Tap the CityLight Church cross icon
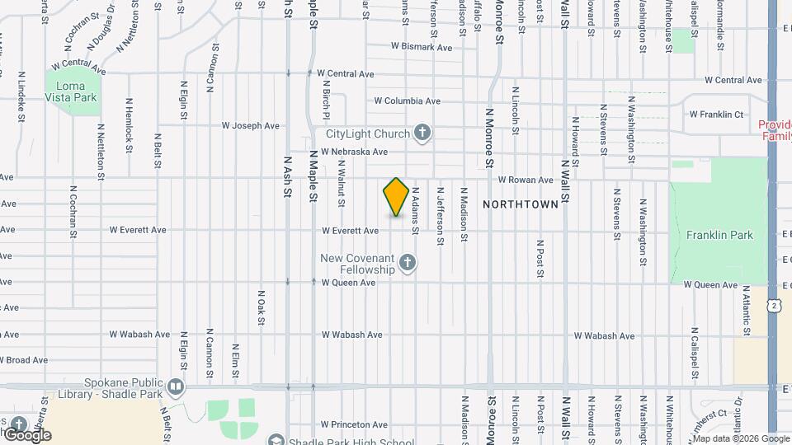pyautogui.click(x=422, y=133)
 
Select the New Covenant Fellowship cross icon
pyautogui.click(x=406, y=264)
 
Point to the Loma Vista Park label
pyautogui.click(x=76, y=91)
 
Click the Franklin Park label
pyautogui.click(x=719, y=235)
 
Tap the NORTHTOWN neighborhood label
pyautogui.click(x=520, y=204)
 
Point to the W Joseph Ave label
pyautogui.click(x=251, y=126)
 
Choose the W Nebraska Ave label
pyautogui.click(x=354, y=152)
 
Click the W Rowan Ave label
pyautogui.click(x=525, y=180)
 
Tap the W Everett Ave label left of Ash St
pyautogui.click(x=138, y=230)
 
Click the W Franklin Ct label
pyautogui.click(x=716, y=115)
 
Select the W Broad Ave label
pyautogui.click(x=25, y=360)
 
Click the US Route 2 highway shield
pyautogui.click(x=773, y=306)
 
